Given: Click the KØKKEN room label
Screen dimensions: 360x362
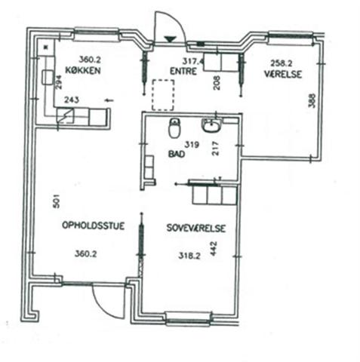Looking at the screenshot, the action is (83, 70).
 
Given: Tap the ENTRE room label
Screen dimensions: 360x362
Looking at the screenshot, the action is (183, 71).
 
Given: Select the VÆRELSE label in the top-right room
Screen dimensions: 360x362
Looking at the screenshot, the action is (283, 74).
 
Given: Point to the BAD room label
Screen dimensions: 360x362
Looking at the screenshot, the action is (177, 154).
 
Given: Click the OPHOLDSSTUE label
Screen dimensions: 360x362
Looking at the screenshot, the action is (93, 225).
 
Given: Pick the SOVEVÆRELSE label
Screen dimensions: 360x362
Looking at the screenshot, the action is (196, 228).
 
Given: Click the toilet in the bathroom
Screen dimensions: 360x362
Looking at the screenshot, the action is (174, 128).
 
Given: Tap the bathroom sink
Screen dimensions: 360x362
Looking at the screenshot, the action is (211, 126).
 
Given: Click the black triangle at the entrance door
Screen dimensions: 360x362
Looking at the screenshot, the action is (170, 39).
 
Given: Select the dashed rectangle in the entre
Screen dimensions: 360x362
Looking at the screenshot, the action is (163, 95).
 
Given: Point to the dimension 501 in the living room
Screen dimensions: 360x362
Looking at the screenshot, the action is (57, 201).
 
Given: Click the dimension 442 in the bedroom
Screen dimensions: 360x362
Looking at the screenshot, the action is (214, 249).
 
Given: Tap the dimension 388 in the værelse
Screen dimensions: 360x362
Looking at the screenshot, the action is (312, 100).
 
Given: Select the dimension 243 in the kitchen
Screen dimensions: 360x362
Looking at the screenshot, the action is (72, 100).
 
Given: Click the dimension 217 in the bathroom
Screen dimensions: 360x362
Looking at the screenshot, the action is (216, 149).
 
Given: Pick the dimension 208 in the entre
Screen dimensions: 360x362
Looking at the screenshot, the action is (217, 83).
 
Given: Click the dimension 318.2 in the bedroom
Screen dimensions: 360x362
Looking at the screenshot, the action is (189, 256).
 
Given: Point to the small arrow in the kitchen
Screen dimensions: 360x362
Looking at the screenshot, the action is (109, 100).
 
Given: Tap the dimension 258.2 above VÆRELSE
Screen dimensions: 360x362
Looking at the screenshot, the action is (282, 63).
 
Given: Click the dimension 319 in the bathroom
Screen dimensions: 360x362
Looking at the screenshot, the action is (192, 145).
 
